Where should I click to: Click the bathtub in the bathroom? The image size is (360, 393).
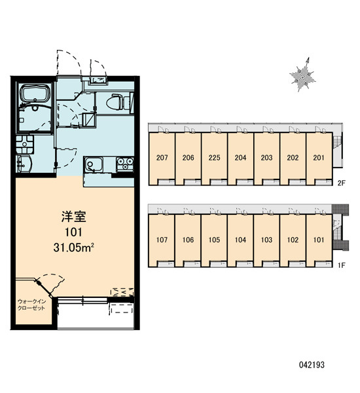35,94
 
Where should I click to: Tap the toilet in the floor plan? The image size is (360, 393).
116,102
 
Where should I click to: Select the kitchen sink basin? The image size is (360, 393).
93,164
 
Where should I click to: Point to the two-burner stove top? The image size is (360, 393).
125,164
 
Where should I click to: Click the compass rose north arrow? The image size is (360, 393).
302,75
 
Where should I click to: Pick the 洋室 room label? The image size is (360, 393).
74,217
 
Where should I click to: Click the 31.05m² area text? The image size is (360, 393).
73,248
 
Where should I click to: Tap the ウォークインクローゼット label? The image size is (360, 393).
31,305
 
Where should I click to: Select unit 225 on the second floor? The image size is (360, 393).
214,158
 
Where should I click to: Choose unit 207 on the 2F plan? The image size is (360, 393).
162,158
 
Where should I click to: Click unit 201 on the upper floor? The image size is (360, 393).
319,158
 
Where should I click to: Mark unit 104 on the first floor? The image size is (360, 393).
240,240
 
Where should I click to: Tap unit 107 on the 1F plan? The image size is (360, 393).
162,240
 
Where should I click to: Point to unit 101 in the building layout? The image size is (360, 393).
319,240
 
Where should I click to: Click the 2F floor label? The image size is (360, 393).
341,183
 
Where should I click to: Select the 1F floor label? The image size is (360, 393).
341,265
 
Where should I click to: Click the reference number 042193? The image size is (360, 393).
312,365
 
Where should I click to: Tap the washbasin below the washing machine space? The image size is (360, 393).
24,164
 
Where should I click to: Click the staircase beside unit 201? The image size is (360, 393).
337,151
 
